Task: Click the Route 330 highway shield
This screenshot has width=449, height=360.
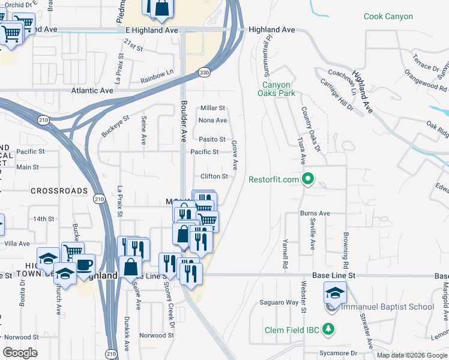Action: [x=205, y=73]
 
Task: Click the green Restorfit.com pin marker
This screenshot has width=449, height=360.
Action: [x=309, y=179]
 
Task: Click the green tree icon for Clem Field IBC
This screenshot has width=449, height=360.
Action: [x=328, y=329]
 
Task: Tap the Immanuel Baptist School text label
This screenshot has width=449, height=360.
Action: [x=387, y=307]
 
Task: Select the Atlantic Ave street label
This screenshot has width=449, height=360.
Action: [x=92, y=90]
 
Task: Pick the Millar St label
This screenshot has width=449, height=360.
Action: [x=212, y=108]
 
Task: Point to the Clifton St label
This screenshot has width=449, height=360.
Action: [x=214, y=176]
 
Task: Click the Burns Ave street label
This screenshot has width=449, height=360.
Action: [x=315, y=213]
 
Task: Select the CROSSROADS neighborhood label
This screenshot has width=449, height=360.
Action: [x=59, y=190]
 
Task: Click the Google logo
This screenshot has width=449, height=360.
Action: [x=20, y=353]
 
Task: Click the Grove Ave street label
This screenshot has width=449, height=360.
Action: [x=235, y=155]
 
